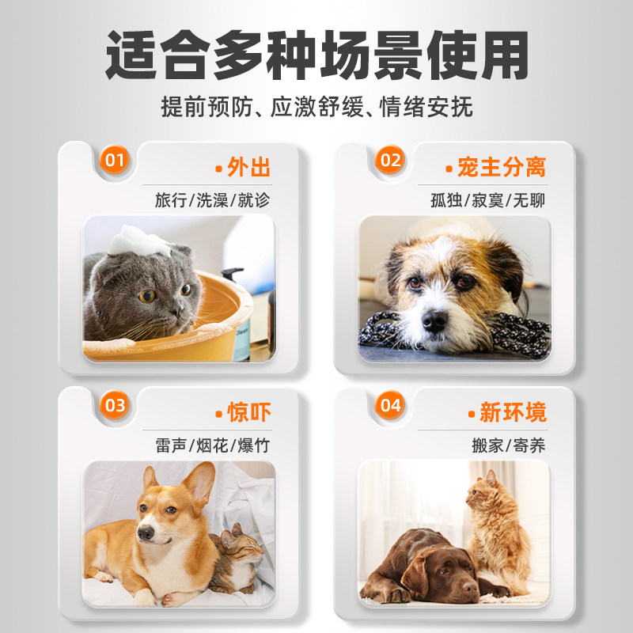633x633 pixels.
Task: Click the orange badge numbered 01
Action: (116, 161)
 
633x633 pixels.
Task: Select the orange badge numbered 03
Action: (116, 406)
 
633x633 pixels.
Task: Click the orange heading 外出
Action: (248, 167)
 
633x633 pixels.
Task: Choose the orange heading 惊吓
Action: (248, 412)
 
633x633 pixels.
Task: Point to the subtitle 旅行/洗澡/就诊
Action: (212, 199)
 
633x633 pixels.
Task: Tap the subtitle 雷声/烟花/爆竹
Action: (212, 445)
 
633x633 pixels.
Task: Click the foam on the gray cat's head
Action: (140, 240)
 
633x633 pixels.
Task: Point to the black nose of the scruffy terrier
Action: (434, 320)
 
